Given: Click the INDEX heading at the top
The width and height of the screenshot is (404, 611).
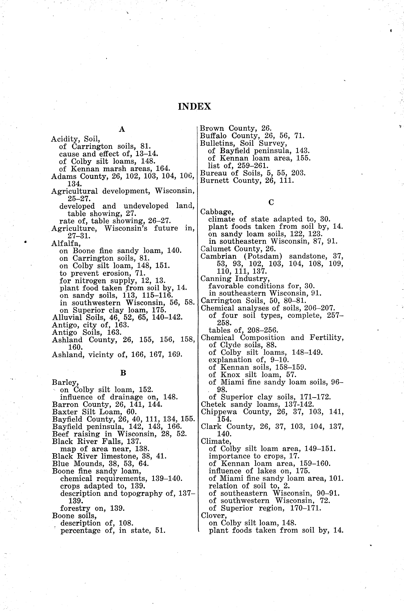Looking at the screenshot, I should point(195,106).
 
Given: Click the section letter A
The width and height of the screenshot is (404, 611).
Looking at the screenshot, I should point(122,129).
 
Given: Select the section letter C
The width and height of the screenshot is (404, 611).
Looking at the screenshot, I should point(271,203).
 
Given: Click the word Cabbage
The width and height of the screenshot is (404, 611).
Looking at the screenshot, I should point(217,212).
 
